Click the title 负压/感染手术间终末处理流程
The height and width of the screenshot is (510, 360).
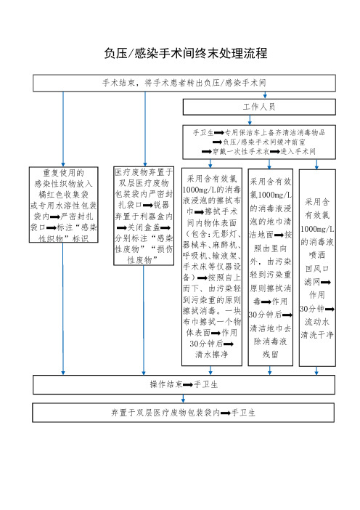(186, 53)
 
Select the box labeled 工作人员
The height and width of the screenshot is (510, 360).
(259, 107)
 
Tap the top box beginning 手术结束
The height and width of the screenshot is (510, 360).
(184, 83)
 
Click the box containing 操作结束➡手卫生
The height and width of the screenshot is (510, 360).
(184, 385)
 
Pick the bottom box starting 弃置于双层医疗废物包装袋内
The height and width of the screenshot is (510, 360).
(183, 413)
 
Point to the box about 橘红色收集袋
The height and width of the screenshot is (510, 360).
(64, 205)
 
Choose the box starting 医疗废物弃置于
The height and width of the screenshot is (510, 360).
(144, 216)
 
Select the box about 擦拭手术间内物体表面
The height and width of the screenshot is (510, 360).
(212, 267)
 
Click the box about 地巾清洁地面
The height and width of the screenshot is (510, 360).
(270, 267)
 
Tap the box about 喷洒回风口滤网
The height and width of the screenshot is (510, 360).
(317, 267)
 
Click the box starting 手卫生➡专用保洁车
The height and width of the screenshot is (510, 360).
(259, 142)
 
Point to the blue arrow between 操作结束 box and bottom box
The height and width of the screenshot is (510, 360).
(183, 399)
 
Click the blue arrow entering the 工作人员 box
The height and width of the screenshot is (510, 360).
(265, 95)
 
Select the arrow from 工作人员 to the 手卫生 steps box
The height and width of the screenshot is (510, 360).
(250, 120)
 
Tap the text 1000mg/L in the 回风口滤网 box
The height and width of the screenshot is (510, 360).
(317, 229)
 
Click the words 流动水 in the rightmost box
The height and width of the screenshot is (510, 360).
(316, 322)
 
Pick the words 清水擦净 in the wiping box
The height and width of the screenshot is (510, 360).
(212, 355)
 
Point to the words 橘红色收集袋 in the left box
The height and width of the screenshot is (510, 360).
(63, 195)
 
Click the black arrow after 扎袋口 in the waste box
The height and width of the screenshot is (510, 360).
(148, 206)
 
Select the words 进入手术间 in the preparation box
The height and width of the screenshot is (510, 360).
(298, 152)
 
